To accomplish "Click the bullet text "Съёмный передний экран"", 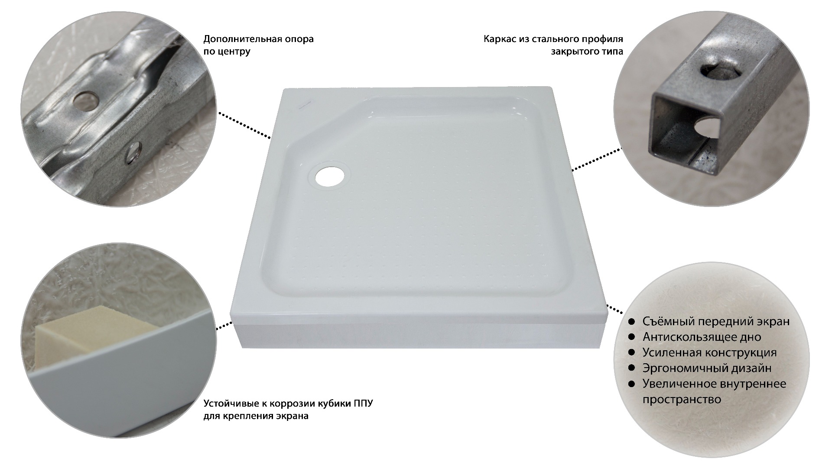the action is tap(716, 321).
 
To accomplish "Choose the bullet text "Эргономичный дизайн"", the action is tap(707, 368).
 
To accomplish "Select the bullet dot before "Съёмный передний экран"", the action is tap(632, 322).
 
